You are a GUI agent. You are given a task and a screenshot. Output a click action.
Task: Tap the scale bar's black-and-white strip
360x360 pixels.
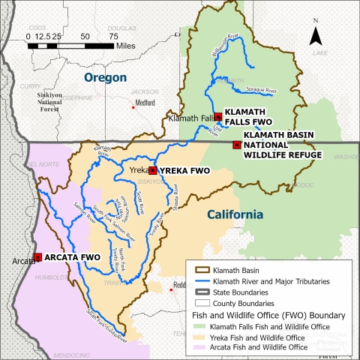tap(70, 46)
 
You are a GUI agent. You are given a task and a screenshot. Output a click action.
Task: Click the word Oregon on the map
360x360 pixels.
tap(105, 77)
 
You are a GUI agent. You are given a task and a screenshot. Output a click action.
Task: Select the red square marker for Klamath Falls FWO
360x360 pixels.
tap(217, 116)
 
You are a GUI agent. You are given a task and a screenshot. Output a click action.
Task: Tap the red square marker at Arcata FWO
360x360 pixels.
tap(37, 257)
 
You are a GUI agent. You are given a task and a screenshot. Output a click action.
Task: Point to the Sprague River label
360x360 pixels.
tap(262, 91)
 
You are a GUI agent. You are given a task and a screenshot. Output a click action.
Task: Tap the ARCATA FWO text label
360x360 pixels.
tap(71, 257)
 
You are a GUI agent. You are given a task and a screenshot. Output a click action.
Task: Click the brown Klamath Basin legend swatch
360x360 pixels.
tap(197, 268)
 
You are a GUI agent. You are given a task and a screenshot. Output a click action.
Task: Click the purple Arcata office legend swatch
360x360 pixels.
tap(197, 347)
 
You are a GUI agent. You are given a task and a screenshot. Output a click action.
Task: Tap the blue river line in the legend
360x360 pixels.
tap(197, 279)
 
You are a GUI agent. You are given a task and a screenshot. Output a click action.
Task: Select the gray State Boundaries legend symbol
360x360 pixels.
tap(197, 291)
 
